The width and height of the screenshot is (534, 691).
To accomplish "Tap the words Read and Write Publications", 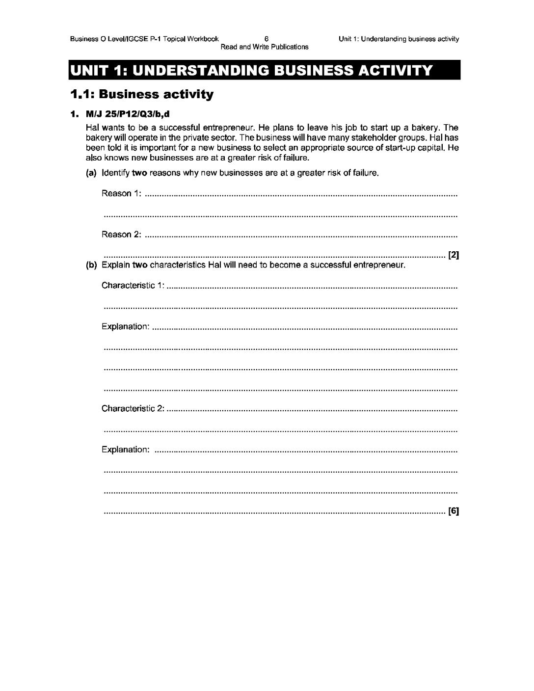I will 265,47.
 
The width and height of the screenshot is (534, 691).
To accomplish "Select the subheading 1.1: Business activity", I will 142,94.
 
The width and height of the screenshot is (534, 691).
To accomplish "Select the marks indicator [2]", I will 454,255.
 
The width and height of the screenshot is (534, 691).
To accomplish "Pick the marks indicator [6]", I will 454,511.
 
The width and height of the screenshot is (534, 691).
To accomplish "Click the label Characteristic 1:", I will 133,286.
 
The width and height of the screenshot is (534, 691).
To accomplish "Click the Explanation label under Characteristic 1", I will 125,326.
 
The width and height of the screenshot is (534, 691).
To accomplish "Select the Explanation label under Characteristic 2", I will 125,450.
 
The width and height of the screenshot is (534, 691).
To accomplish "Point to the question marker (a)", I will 91,173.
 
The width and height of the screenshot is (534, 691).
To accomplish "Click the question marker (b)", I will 91,266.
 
